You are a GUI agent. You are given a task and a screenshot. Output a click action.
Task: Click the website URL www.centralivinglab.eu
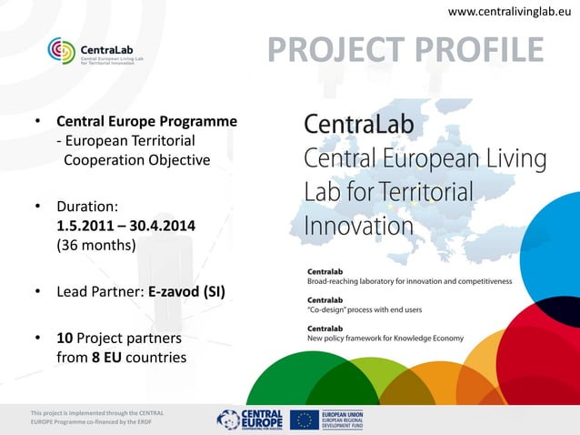coord(509,11)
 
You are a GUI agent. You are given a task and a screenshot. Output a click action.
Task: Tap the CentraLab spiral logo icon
coord(64,52)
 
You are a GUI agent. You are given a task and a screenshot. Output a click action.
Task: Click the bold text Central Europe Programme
coord(146,121)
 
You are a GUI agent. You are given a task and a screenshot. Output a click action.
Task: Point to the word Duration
coord(86,206)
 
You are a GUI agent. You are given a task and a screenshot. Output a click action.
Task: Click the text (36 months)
coord(95,245)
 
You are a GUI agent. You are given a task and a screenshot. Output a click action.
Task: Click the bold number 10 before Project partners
coord(65,339)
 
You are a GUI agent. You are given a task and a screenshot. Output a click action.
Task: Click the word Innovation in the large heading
coord(358,224)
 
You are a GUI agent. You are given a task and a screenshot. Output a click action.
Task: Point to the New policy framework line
coord(385,339)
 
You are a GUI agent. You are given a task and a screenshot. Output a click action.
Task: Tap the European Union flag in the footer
coord(305,419)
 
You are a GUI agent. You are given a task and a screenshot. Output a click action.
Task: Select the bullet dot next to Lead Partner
coord(37,292)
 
